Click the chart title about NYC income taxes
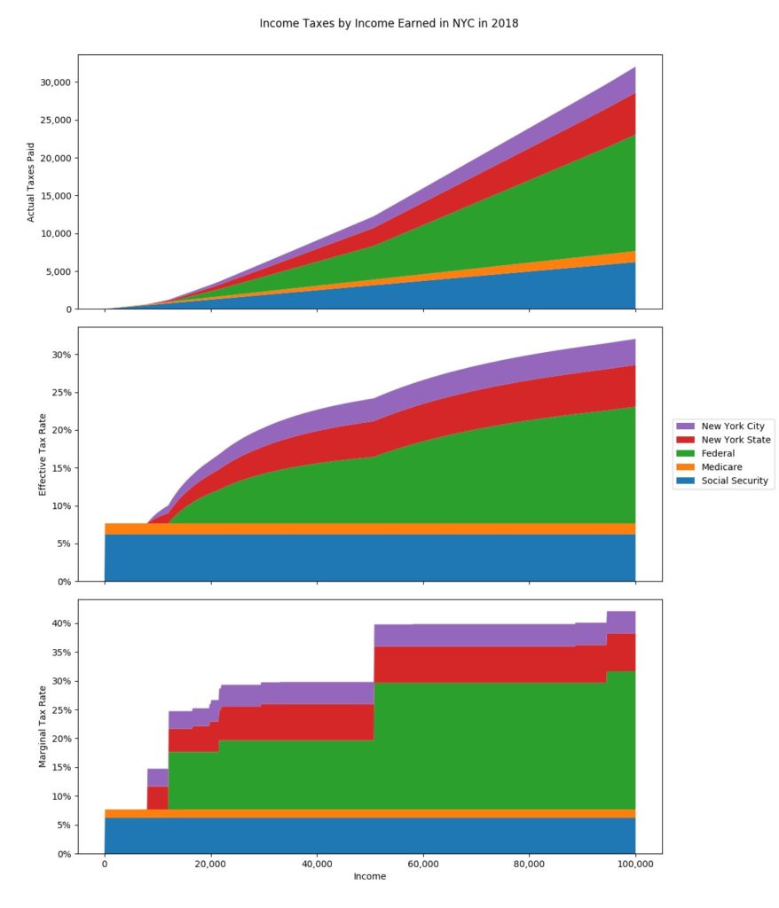click(x=389, y=23)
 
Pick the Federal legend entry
click(x=720, y=453)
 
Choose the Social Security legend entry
click(x=735, y=481)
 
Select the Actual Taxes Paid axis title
click(x=31, y=182)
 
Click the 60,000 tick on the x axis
click(x=422, y=864)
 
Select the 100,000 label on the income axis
click(x=634, y=864)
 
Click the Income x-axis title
click(x=370, y=877)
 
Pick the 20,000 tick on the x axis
click(x=210, y=864)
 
